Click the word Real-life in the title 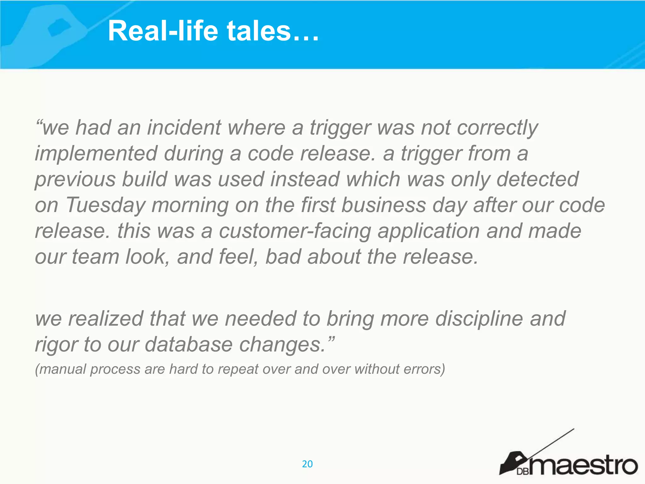tap(163, 31)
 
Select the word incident tap(184, 128)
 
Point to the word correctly tap(497, 128)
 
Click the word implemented tap(96, 154)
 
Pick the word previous tap(75, 180)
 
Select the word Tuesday tap(106, 205)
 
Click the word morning tap(190, 205)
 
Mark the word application tap(429, 231)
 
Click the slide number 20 tap(307, 464)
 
